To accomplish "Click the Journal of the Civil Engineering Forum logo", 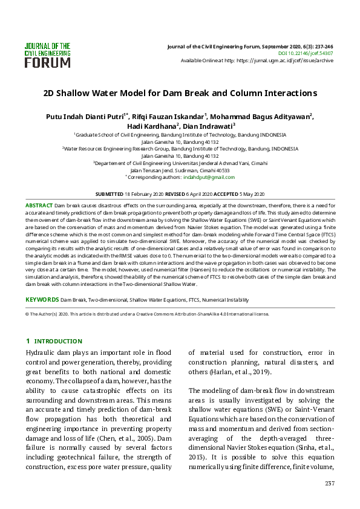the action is pos(48,54).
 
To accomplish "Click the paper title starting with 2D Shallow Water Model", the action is pos(180,94).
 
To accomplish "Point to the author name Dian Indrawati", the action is pos(208,126).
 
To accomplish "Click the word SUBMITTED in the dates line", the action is pos(110,194).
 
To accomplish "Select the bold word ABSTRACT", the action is pos(39,206).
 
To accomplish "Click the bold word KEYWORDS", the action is pos(41,300).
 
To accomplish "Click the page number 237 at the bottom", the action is pos(329,483).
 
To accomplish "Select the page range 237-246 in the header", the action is pos(322,46).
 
